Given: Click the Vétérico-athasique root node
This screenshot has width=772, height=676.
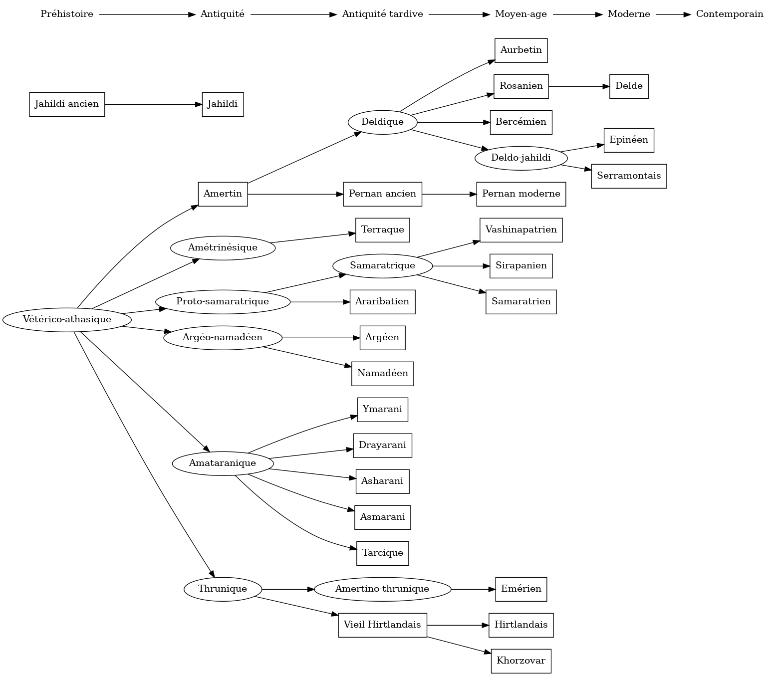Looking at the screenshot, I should [x=67, y=319].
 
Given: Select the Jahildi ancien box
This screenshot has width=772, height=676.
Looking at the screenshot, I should [x=67, y=104].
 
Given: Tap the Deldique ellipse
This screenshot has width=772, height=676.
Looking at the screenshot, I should [x=382, y=122].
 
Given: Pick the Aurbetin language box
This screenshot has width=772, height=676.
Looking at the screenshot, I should [x=521, y=50].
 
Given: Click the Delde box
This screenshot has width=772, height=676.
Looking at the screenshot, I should [x=629, y=86].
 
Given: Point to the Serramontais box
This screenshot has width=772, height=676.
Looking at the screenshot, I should [x=629, y=176].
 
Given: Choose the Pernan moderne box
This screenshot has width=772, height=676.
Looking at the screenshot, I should [x=521, y=194].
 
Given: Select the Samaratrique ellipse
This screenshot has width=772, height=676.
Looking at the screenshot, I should [x=382, y=266].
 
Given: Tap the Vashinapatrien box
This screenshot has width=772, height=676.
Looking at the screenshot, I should [x=521, y=230].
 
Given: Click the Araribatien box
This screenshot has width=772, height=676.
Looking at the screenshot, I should [x=382, y=302].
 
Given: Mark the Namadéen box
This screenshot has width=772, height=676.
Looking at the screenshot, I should [x=382, y=374].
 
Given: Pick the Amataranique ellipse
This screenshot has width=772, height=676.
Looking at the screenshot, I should [x=223, y=463].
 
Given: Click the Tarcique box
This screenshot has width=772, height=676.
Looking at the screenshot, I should [x=382, y=553].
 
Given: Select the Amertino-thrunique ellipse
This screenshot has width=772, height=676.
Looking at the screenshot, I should [x=382, y=589].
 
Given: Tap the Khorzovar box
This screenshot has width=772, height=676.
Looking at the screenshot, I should [x=521, y=661].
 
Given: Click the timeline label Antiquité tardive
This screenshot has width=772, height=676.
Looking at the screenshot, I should [x=382, y=14].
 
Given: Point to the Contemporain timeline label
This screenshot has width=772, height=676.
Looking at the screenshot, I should [x=730, y=14].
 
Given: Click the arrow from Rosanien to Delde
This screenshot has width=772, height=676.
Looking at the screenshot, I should [x=579, y=86].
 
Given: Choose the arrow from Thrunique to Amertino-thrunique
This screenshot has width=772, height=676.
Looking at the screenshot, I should [x=287, y=589].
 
